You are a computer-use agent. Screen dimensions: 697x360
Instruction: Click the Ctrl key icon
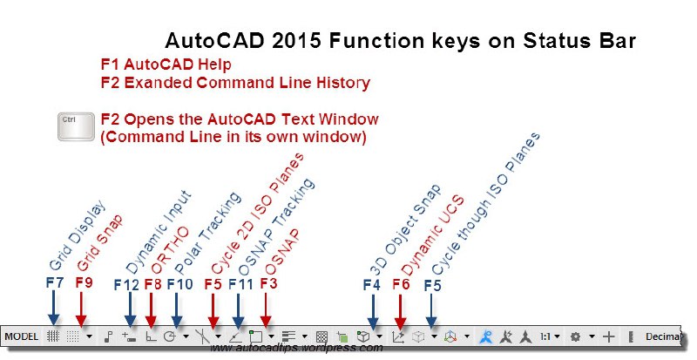click(76, 126)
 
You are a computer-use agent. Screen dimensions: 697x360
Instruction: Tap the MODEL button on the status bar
click(21, 336)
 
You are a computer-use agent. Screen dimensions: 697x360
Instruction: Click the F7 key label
click(55, 282)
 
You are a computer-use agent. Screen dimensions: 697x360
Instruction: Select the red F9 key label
click(84, 282)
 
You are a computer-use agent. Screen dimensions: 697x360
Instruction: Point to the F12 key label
click(126, 285)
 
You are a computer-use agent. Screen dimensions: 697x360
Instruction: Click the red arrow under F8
click(151, 310)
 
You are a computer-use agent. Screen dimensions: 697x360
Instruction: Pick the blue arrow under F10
click(177, 310)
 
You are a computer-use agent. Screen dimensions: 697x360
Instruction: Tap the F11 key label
click(240, 284)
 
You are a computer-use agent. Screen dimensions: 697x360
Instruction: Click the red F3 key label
click(268, 283)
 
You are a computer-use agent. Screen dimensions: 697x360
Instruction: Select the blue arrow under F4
click(373, 312)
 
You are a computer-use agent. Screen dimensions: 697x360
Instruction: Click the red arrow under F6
click(401, 312)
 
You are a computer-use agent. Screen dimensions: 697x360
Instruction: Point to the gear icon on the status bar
click(575, 336)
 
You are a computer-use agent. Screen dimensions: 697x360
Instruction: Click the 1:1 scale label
click(545, 336)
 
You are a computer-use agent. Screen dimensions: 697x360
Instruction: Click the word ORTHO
click(170, 250)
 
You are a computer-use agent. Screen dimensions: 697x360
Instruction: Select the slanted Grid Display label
click(78, 235)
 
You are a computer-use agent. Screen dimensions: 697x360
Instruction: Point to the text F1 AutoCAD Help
click(166, 65)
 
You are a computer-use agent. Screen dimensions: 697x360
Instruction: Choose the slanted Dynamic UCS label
click(432, 236)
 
